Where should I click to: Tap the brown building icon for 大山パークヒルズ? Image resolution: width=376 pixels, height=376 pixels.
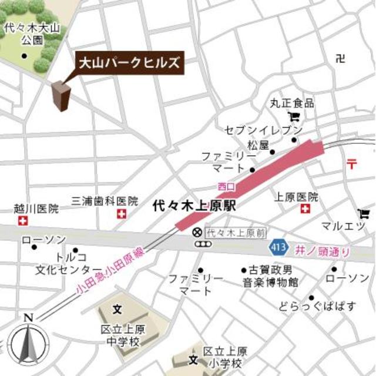(61, 96)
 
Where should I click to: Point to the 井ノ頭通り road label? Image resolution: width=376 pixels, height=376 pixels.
(324, 250)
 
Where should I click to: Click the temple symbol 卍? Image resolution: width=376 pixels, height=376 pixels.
(340, 58)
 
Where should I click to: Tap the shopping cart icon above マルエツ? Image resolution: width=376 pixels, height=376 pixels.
(364, 214)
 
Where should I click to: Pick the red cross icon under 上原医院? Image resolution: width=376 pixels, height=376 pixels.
(305, 209)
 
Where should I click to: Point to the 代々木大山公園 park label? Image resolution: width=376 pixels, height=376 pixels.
(23, 33)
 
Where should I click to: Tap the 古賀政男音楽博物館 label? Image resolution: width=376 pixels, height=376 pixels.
(272, 276)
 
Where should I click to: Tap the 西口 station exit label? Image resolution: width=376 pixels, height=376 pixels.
(226, 186)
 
